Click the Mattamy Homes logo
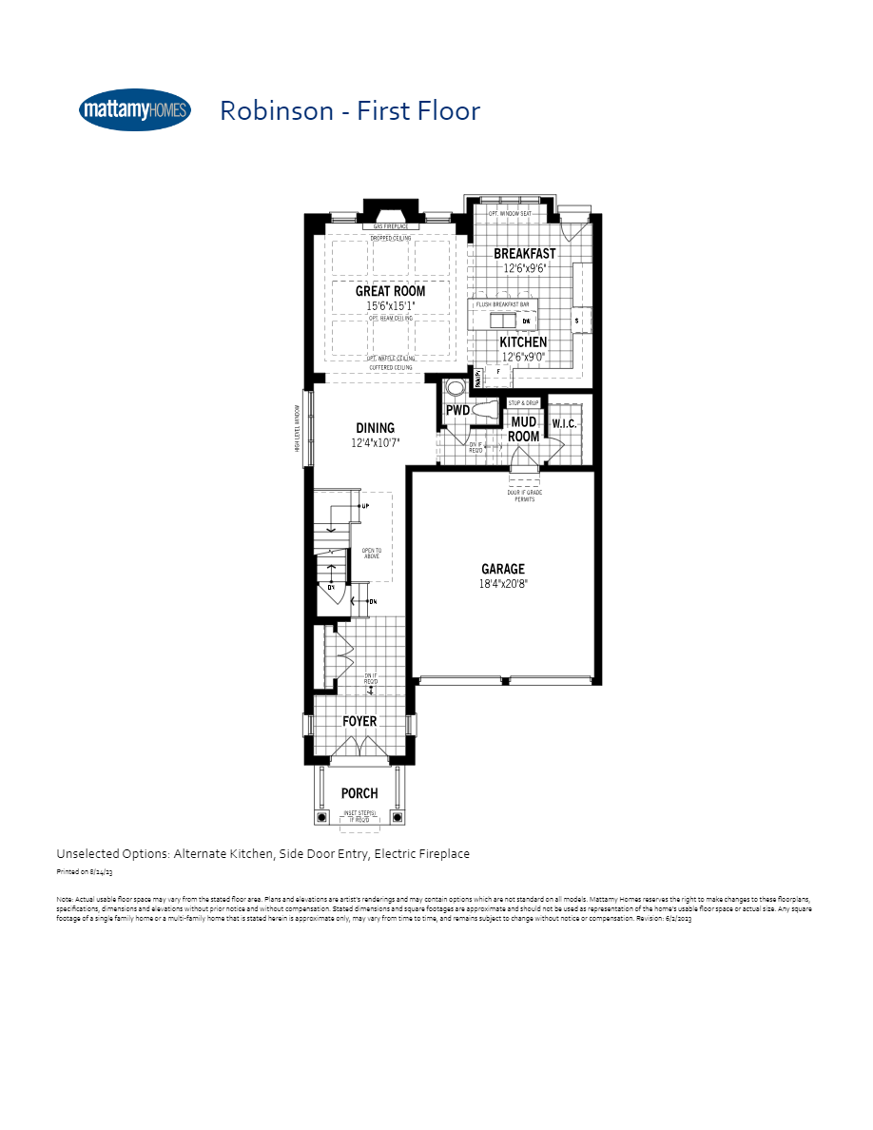(x=135, y=110)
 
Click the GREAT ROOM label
(x=390, y=291)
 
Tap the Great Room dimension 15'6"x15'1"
(x=390, y=306)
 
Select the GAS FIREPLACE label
(x=390, y=226)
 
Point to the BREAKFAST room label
(x=524, y=254)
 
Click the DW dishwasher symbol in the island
(x=526, y=321)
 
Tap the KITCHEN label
(x=523, y=341)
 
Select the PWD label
(x=457, y=411)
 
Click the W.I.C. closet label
(x=564, y=423)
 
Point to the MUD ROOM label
(x=523, y=429)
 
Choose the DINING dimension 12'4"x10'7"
(x=375, y=443)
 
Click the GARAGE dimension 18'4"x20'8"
(x=502, y=584)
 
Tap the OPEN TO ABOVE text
(x=371, y=553)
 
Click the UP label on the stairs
(x=365, y=506)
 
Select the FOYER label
(x=359, y=721)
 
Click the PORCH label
(x=359, y=793)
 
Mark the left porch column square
(x=319, y=816)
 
